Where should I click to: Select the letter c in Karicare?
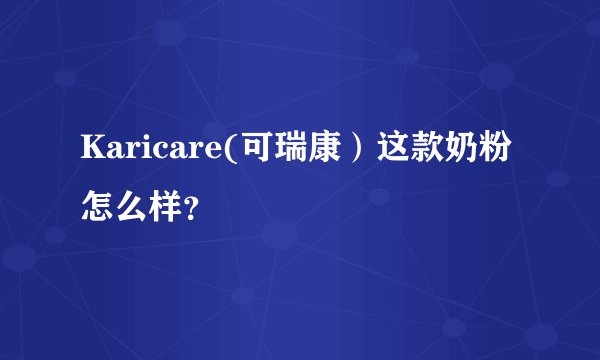click(150, 152)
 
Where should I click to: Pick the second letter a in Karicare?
click(165, 152)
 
